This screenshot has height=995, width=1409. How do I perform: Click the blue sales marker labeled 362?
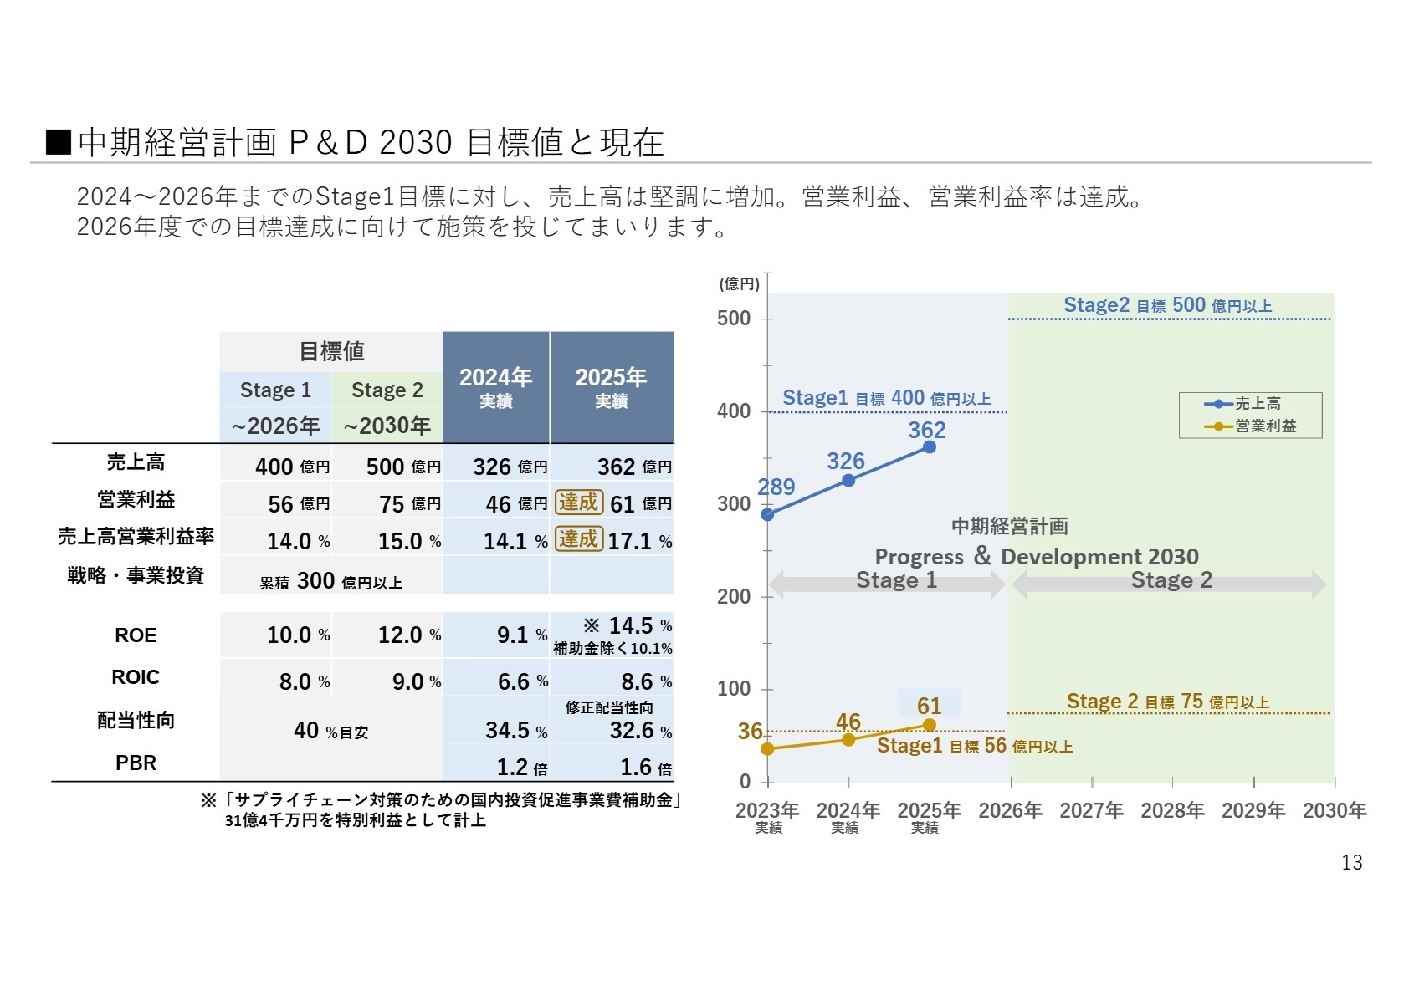point(929,446)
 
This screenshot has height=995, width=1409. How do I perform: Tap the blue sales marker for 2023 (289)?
point(767,514)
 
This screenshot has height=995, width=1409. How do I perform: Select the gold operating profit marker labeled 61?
point(929,725)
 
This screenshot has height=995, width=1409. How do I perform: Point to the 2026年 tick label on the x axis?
point(1010,810)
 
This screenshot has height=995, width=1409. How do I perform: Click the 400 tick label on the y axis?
point(734,411)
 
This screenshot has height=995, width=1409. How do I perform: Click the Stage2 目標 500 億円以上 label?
point(1167,305)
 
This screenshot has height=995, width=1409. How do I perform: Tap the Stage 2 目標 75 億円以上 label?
point(1167,702)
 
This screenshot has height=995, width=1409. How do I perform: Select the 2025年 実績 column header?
point(611,387)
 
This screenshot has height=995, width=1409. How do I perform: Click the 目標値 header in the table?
point(331,351)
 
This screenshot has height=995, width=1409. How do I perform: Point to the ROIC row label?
point(136,677)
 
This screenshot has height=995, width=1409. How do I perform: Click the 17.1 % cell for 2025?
point(639,541)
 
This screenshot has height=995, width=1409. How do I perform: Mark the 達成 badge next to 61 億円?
point(578,503)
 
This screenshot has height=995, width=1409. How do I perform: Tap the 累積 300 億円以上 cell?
point(331,580)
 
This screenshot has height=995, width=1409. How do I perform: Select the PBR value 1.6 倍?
point(645,767)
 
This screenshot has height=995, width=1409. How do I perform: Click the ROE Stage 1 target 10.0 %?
point(298,635)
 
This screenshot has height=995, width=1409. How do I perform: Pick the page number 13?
point(1351,862)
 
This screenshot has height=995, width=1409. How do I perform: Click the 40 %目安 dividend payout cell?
point(331,731)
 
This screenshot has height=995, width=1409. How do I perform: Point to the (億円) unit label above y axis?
point(739,284)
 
